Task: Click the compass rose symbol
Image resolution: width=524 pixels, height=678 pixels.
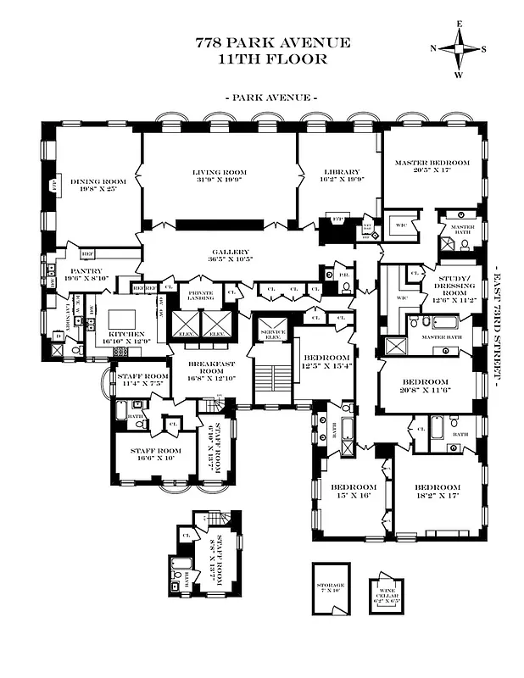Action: click(x=460, y=47)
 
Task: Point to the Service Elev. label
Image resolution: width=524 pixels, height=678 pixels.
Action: click(x=271, y=332)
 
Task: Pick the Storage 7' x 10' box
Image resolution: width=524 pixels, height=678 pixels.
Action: click(x=332, y=588)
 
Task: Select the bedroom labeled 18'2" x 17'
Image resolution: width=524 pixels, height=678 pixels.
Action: click(x=438, y=492)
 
